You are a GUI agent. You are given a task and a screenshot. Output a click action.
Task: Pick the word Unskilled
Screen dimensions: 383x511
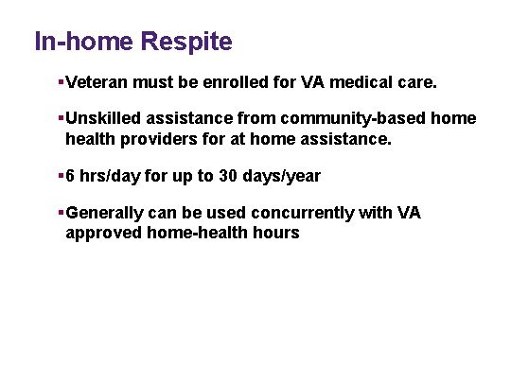(103, 119)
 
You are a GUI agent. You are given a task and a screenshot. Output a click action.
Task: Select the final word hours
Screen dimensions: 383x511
(274, 233)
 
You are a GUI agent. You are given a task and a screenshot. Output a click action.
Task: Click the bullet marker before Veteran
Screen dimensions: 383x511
(61, 83)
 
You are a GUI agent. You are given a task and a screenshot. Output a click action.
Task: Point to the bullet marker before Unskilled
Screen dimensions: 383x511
(61, 119)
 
